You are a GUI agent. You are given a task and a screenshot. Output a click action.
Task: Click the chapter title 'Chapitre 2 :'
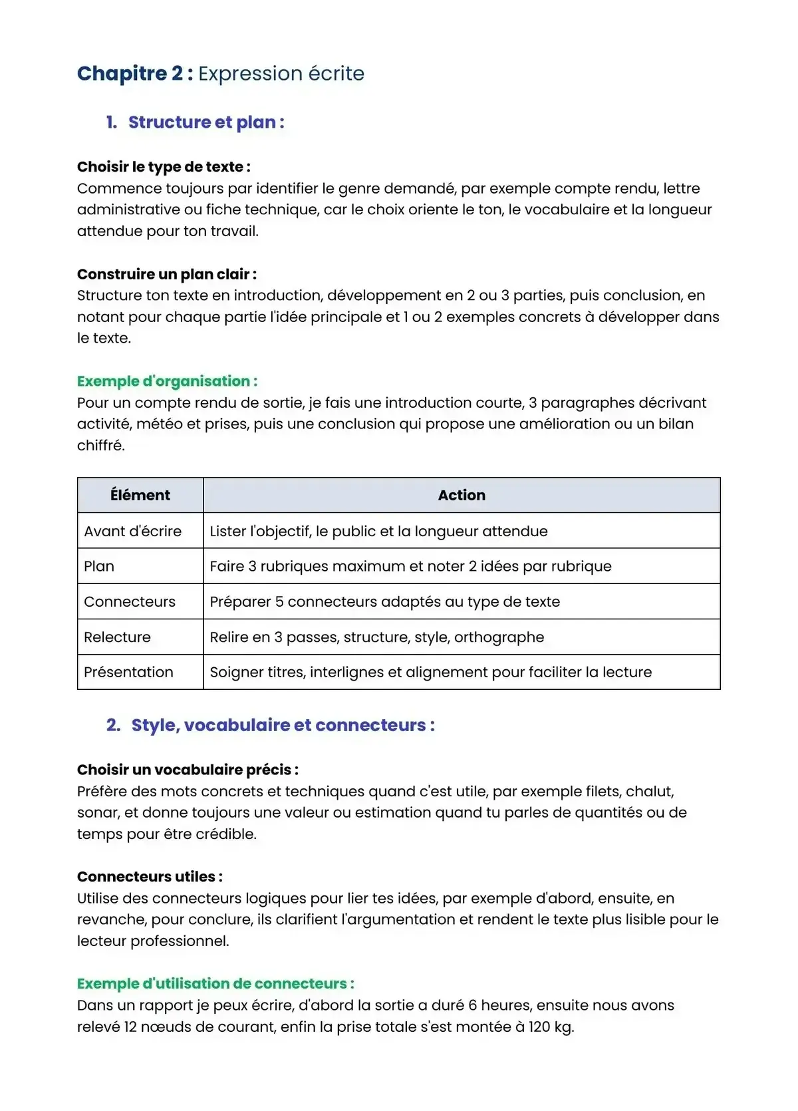[x=135, y=73]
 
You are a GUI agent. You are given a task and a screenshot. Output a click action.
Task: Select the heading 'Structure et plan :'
[x=206, y=122]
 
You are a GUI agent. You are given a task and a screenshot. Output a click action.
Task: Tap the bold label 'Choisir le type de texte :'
[x=164, y=167]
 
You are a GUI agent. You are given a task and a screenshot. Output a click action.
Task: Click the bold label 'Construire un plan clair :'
[x=167, y=274]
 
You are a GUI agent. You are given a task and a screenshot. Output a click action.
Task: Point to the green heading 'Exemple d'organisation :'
[x=167, y=381]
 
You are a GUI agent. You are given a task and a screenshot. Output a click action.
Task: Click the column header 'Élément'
[x=140, y=495]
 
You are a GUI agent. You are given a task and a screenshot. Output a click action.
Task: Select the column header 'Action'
[x=462, y=495]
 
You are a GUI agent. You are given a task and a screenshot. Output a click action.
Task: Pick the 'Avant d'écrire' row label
[x=133, y=531]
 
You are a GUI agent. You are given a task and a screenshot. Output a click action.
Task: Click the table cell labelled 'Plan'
[x=99, y=566]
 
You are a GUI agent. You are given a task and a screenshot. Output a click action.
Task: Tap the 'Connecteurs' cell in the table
[x=130, y=601]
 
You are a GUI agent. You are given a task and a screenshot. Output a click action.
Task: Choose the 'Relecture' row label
[x=117, y=637]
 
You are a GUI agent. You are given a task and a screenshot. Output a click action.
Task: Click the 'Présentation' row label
[x=128, y=672]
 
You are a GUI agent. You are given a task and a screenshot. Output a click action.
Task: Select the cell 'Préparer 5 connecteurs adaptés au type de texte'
[x=385, y=601]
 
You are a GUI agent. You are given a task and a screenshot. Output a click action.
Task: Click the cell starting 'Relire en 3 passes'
[x=377, y=637]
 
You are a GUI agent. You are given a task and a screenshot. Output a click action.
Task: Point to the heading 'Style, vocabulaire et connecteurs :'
[x=283, y=725]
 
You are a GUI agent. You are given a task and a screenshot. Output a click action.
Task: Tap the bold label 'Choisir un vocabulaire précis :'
[x=188, y=770]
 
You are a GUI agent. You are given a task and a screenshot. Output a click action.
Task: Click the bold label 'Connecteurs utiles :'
[x=150, y=877]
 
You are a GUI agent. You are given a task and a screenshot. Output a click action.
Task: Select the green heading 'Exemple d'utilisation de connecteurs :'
[x=215, y=983]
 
